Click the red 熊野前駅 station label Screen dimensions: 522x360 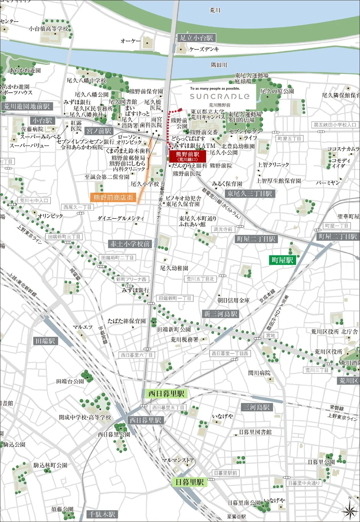[188, 156]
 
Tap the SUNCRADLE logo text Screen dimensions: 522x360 [220, 96]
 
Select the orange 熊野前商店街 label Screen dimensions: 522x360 [113, 197]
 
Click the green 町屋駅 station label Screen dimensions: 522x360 [283, 260]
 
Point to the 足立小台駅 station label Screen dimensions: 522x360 [197, 38]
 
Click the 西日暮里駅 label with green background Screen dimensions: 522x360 [166, 393]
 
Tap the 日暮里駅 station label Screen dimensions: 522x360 [190, 482]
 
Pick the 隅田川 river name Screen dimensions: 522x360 [219, 65]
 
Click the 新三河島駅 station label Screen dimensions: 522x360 [221, 314]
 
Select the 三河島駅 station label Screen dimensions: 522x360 [257, 407]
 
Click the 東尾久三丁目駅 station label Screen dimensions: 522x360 [249, 194]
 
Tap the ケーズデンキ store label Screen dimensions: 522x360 [204, 49]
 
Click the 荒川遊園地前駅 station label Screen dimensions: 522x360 [27, 106]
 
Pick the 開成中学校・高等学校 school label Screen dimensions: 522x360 [85, 417]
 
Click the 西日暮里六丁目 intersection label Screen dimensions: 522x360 [136, 355]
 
